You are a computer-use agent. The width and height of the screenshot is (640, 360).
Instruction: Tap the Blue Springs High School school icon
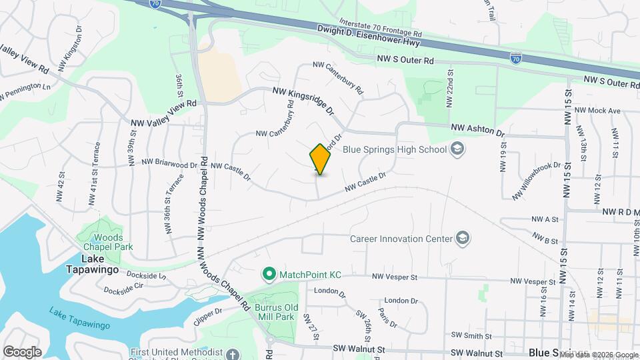tap(457, 148)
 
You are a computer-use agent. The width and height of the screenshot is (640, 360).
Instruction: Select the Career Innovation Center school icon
tap(462, 238)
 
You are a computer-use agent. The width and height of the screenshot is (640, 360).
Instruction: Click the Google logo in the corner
tap(22, 351)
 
